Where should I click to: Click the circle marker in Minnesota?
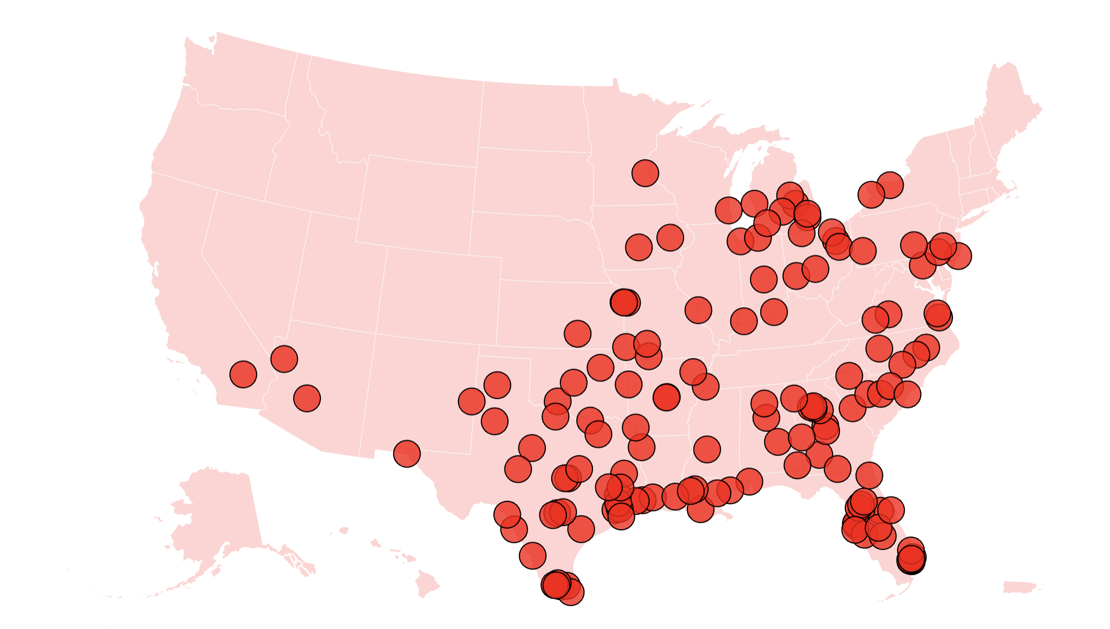tap(645, 173)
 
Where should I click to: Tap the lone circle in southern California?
tap(243, 374)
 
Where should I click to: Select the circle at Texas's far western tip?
tap(407, 454)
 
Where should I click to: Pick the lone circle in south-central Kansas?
tap(577, 334)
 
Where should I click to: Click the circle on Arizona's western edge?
tap(284, 358)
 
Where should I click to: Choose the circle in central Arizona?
tap(307, 398)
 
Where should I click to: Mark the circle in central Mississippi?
tap(707, 449)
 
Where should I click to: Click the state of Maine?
tap(1007, 107)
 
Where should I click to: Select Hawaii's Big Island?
tap(427, 584)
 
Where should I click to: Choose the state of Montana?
tap(396, 113)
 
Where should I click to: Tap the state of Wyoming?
tap(415, 204)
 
